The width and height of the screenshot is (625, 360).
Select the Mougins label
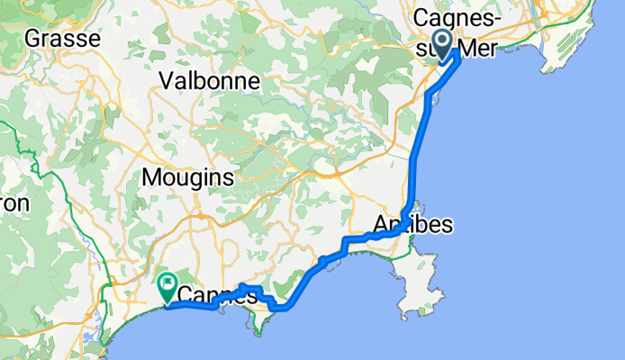click(x=188, y=177)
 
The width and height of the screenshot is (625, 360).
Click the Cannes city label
click(x=212, y=294)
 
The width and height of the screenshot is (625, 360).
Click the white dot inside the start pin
click(x=442, y=39)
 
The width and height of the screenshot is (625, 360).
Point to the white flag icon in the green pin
click(x=168, y=284)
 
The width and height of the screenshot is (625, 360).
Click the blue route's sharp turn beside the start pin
click(x=458, y=52)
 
